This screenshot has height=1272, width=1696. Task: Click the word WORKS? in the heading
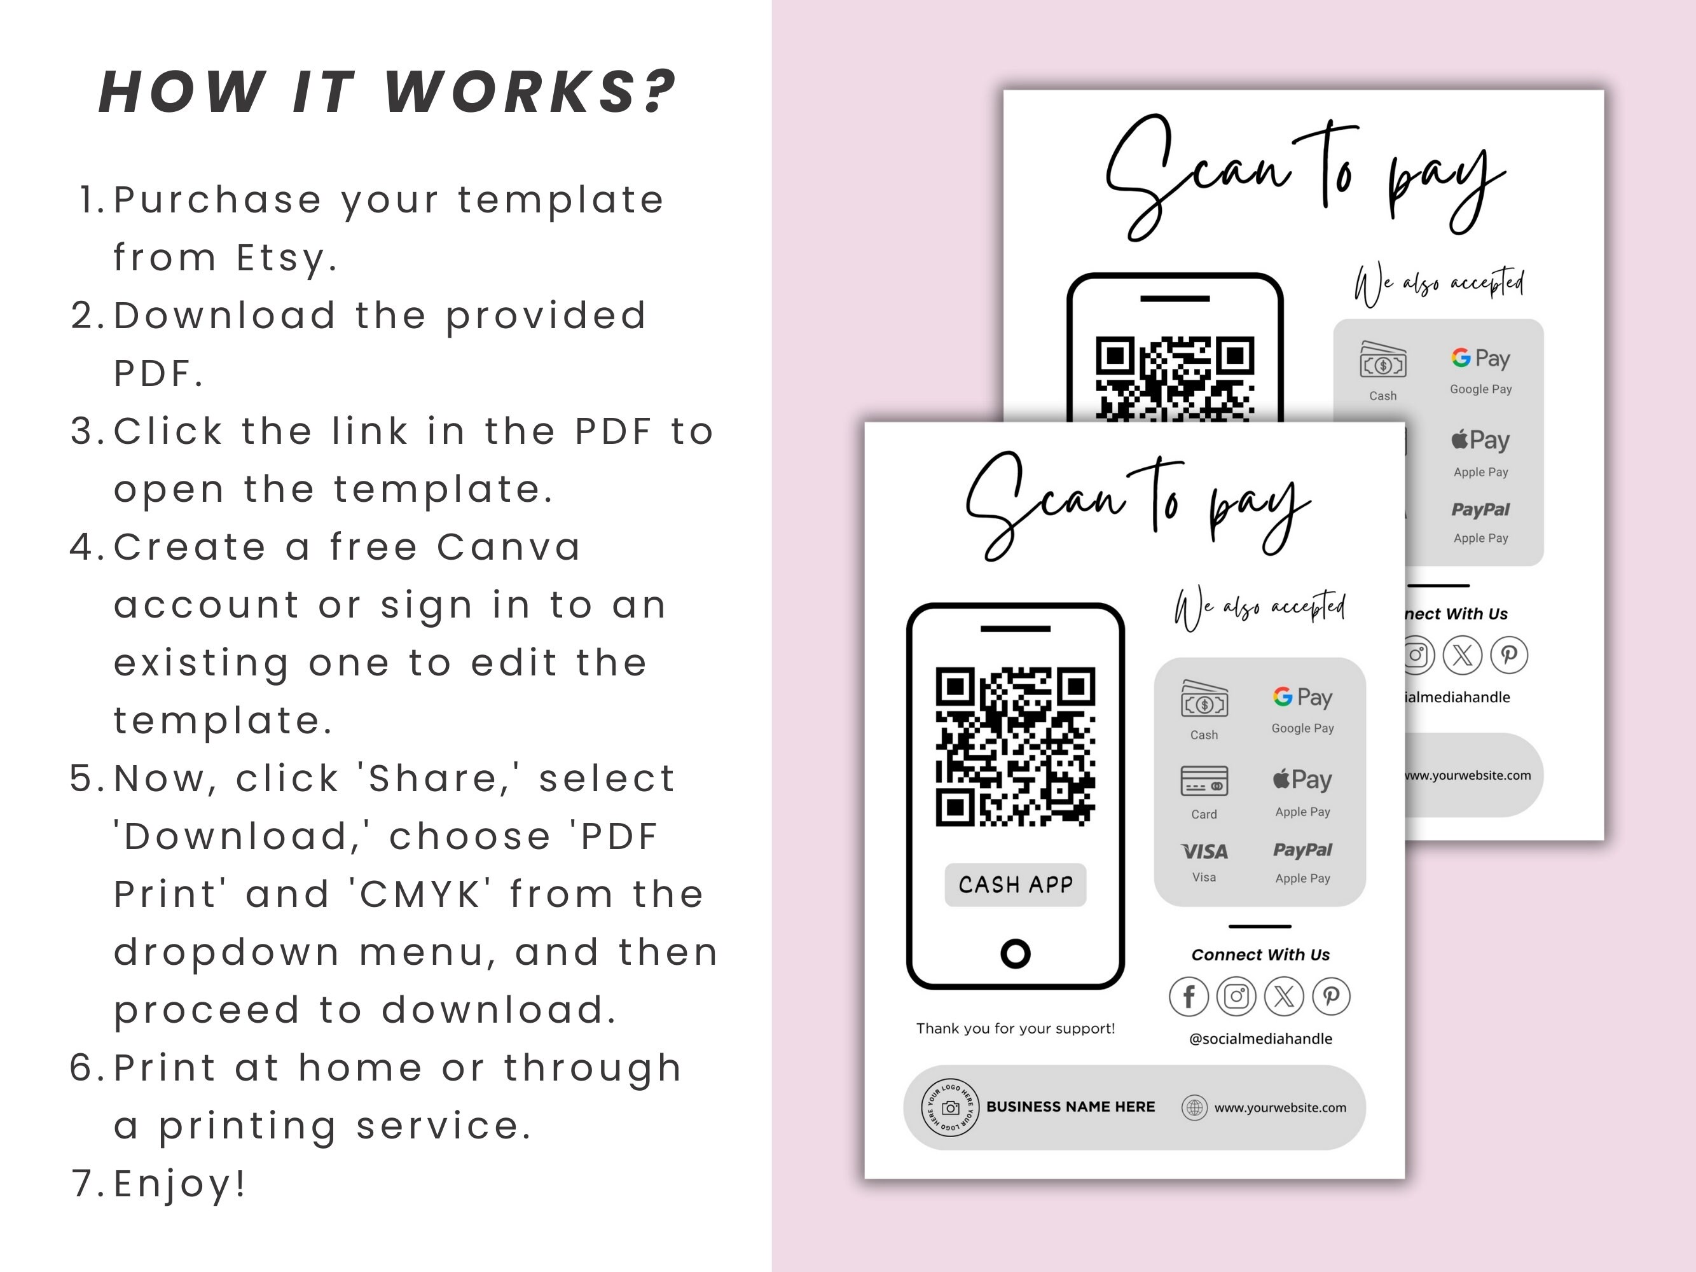coord(530,93)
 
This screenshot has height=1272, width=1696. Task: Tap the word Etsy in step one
coord(286,258)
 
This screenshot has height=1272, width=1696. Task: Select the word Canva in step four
coord(509,548)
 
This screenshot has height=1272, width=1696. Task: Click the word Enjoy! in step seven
coord(180,1184)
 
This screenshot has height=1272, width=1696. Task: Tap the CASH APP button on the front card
coord(1015,885)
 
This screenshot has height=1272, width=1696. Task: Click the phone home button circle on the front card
coord(1015,954)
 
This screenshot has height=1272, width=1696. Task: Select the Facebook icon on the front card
coord(1189,997)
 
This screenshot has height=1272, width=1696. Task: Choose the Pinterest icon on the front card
coord(1331,997)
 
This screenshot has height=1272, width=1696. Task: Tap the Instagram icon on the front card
coord(1236,997)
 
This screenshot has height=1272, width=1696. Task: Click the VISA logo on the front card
coord(1204,852)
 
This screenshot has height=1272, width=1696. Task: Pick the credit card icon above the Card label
coord(1204,781)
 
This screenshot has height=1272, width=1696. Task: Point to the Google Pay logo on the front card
coord(1302,697)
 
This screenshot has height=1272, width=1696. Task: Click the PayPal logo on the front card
coord(1302,850)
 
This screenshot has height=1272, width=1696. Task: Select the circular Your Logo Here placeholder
coord(950,1108)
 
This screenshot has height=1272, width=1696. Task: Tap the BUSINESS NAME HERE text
coord(1070,1107)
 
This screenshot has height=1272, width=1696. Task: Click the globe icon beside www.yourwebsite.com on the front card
coord(1194,1108)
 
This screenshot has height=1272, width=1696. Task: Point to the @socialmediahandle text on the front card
coord(1260,1039)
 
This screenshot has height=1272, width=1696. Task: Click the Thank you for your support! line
coord(1015,1029)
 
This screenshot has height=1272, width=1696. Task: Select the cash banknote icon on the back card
coord(1383,361)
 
